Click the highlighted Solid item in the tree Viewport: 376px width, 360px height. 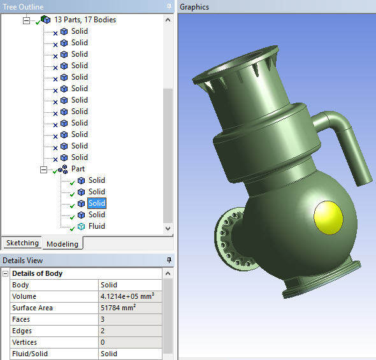(97, 203)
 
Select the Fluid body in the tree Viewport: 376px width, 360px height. (97, 226)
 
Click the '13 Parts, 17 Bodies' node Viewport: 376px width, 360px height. (85, 20)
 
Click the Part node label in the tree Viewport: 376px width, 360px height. (78, 169)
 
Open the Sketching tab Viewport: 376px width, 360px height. (22, 243)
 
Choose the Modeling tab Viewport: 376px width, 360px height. (62, 243)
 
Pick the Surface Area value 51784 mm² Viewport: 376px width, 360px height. (119, 308)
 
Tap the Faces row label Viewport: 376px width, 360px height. (22, 319)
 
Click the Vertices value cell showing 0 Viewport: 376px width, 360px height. (103, 342)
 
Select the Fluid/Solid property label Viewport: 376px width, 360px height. (30, 354)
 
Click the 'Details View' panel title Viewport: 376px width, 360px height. (23, 260)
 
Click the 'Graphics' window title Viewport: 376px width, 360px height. (194, 7)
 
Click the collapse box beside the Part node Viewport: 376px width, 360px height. (43, 169)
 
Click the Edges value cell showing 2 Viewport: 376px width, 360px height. (103, 331)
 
